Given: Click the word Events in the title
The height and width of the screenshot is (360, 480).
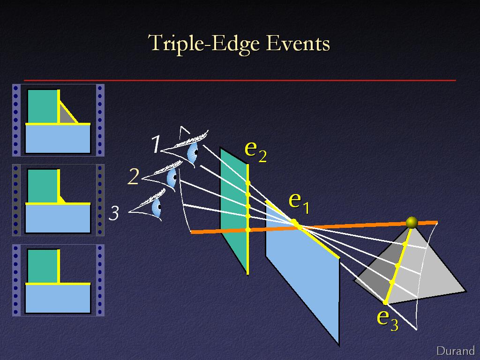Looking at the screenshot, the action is (298, 43).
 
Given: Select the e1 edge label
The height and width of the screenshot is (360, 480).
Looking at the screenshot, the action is (299, 203).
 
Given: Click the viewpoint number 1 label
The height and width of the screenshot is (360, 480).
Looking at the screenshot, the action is (156, 144).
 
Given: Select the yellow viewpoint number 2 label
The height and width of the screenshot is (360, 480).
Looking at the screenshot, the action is (134, 177).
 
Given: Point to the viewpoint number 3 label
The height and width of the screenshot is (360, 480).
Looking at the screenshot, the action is (114, 213).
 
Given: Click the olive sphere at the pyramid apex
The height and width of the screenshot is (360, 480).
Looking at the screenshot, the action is (412, 223).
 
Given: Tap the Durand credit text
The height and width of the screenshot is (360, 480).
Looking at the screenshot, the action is (456, 351).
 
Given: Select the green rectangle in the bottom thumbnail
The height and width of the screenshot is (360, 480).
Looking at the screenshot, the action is (42, 266).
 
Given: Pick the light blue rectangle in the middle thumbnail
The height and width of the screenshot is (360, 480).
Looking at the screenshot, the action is (58, 218).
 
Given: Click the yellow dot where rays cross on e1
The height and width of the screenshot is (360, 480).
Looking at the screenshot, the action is (294, 222).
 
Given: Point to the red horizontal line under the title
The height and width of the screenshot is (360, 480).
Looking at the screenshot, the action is (240, 81).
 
